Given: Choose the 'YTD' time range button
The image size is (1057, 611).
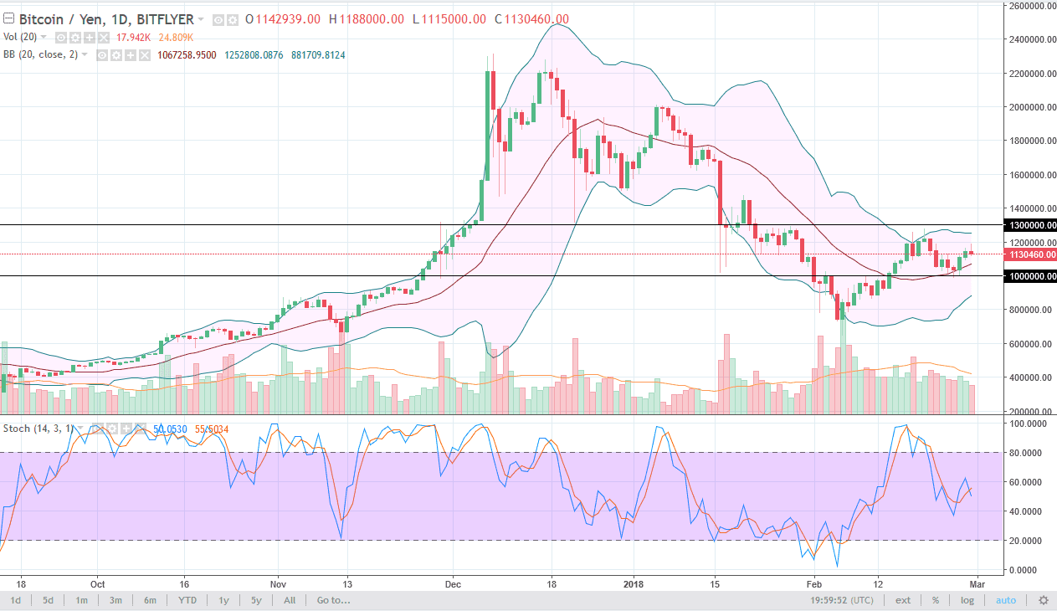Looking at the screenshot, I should coord(187,600).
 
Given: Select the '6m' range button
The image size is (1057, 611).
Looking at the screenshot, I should coord(150,600).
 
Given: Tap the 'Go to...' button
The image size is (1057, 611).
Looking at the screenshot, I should coord(333,600).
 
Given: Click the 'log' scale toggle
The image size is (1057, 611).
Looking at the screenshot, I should coord(967,600).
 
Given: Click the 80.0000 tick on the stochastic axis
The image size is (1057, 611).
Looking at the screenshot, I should coord(1029,453).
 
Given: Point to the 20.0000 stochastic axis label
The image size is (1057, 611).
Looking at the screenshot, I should coord(1029,541).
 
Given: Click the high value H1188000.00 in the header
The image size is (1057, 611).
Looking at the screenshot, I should coord(366,19).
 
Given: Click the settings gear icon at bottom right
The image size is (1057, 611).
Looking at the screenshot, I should coord(1043,600).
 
